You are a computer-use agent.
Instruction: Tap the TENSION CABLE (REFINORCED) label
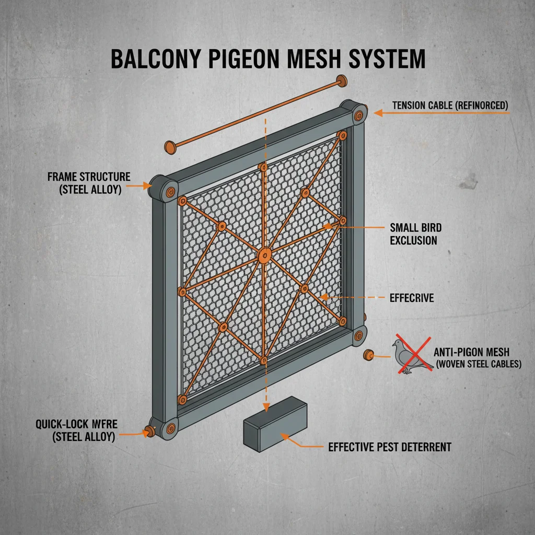pyautogui.click(x=450, y=105)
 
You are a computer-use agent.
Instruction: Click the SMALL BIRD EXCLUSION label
pyautogui.click(x=415, y=234)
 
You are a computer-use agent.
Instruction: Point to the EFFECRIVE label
pyautogui.click(x=412, y=298)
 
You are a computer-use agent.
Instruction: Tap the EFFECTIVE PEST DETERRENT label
pyautogui.click(x=390, y=447)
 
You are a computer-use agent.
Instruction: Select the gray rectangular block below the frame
pyautogui.click(x=274, y=422)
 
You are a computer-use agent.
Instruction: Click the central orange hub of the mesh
pyautogui.click(x=264, y=255)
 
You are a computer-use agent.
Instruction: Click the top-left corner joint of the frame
pyautogui.click(x=163, y=189)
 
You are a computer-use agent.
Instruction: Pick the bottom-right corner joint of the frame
pyautogui.click(x=358, y=335)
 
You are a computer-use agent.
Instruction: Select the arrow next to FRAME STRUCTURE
pyautogui.click(x=139, y=185)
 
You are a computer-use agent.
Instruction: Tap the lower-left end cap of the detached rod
pyautogui.click(x=169, y=147)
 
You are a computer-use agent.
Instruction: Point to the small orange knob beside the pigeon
pyautogui.click(x=369, y=355)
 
